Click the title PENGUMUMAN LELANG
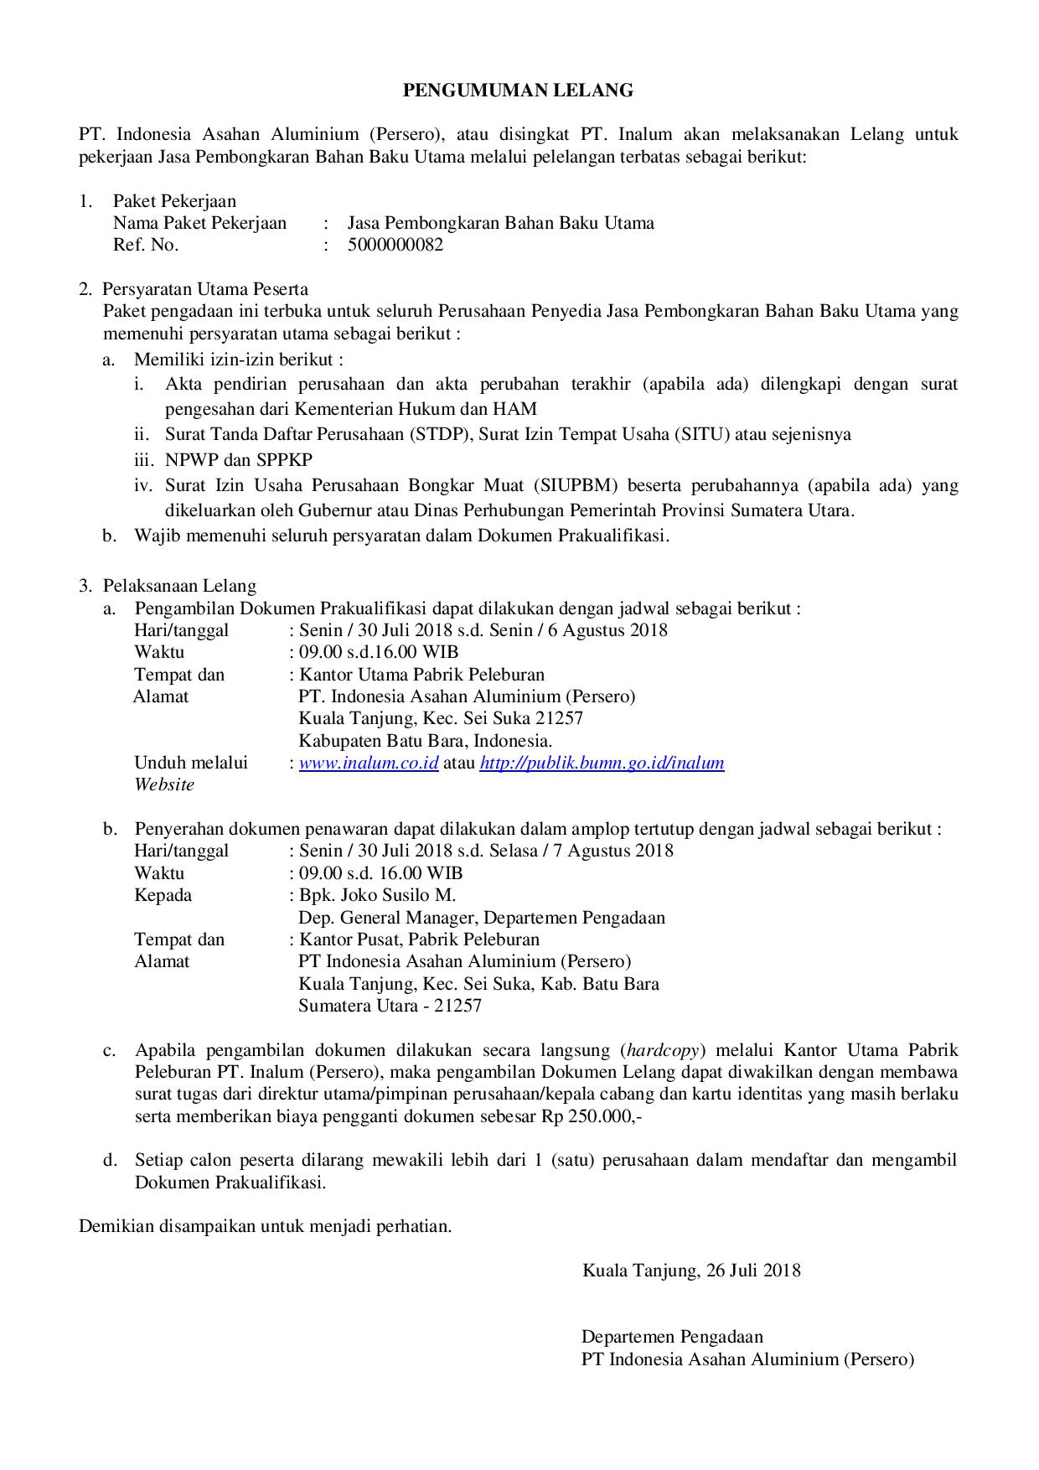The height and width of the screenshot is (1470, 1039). [518, 91]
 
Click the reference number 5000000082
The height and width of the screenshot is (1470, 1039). [395, 245]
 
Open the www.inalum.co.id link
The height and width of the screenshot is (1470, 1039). [369, 763]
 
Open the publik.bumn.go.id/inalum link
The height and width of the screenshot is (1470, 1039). [602, 763]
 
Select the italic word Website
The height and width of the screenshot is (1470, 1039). [164, 784]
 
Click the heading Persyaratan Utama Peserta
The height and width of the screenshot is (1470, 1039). [205, 290]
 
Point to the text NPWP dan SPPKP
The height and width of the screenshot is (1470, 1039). [239, 460]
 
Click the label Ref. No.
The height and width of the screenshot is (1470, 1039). [146, 245]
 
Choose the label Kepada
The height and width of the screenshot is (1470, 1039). [163, 894]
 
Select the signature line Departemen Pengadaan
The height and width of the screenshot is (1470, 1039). [672, 1337]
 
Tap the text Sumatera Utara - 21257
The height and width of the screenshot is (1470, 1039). [390, 1005]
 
